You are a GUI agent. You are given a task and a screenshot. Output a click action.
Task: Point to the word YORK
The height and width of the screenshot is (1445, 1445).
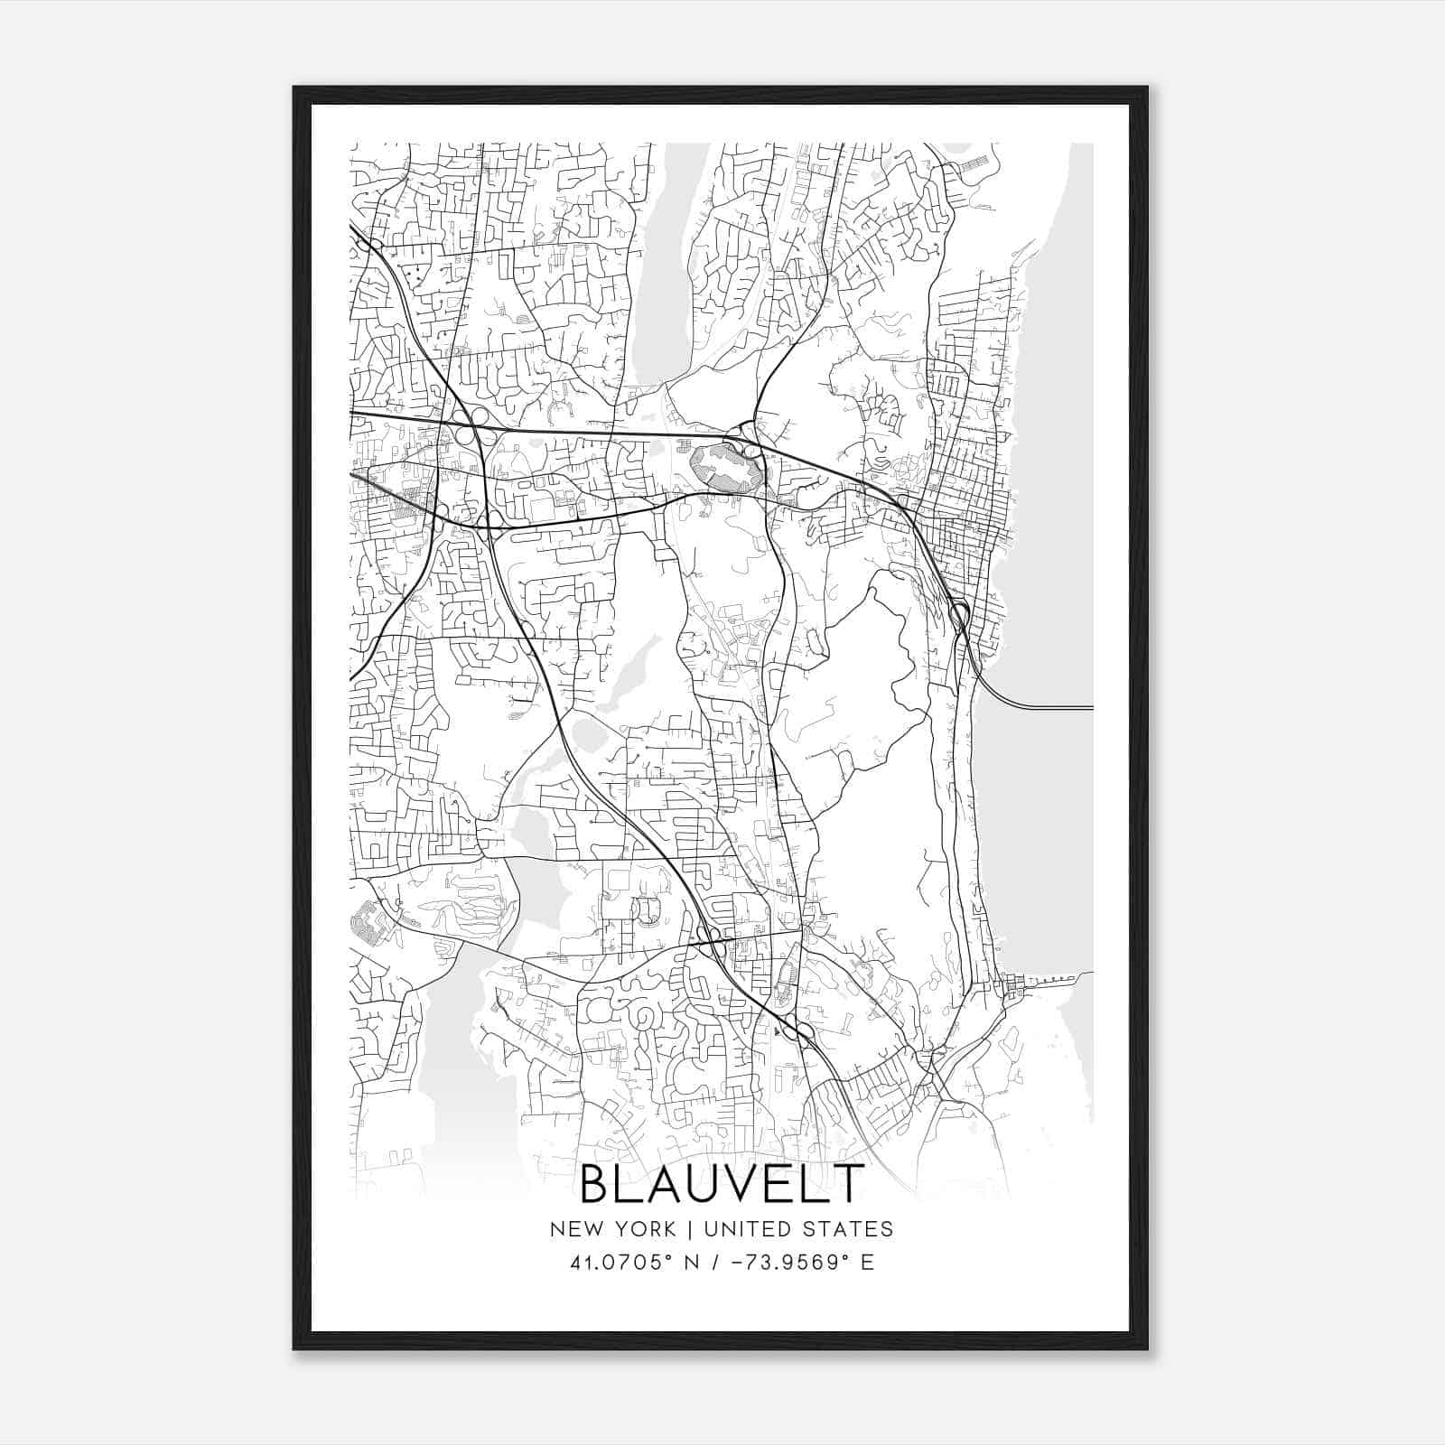click(641, 1229)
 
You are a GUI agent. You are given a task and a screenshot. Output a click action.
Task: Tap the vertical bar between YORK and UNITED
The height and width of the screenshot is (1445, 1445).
click(689, 1229)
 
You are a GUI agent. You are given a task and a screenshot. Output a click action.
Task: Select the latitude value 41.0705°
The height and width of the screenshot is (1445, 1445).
click(624, 1263)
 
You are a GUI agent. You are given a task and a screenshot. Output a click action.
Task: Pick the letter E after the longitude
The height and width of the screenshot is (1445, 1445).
click(868, 1263)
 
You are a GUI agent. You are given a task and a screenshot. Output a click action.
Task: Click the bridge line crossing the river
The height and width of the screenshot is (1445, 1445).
click(1048, 707)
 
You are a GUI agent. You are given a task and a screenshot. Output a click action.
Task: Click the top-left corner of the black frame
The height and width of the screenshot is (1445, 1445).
click(294, 89)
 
